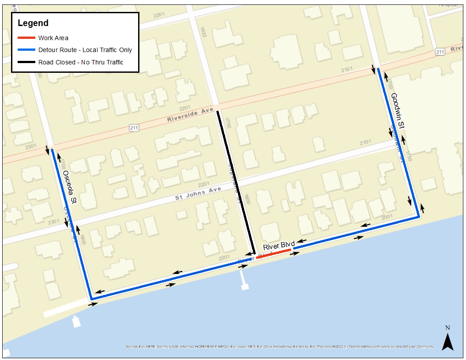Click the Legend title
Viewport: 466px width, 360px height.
[x=33, y=23]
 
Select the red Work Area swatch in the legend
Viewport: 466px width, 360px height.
[x=26, y=38]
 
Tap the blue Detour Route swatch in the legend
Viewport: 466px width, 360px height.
[x=26, y=50]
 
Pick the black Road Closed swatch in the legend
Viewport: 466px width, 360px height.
[x=26, y=62]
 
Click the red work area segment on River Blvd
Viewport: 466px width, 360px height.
[x=274, y=253]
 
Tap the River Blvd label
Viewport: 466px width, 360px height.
[x=278, y=246]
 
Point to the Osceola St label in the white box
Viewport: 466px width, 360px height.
[x=70, y=187]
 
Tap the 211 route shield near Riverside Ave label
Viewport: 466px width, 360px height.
[x=135, y=128]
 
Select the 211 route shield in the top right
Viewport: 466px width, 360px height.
[x=440, y=52]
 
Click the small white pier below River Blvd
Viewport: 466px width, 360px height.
[x=243, y=281]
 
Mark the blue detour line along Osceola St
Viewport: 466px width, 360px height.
[x=71, y=221]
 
